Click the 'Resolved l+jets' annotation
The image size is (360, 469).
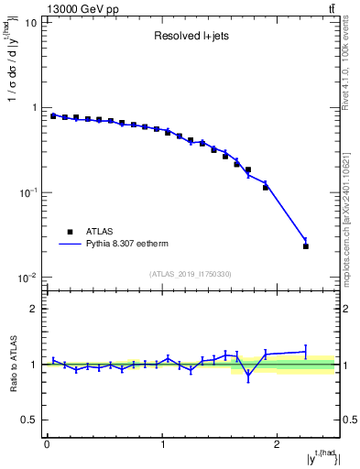pos(190,38)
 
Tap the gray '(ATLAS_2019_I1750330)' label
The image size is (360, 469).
pos(190,273)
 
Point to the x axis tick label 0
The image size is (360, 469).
pos(47,444)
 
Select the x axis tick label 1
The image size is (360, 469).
pos(162,444)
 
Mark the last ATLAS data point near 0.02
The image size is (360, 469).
pos(306,246)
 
